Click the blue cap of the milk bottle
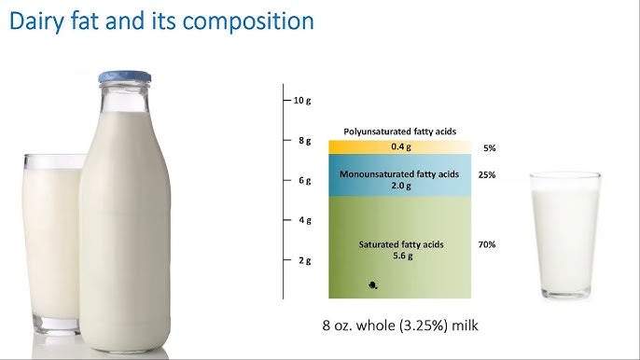point(124,76)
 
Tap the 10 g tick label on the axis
point(302,101)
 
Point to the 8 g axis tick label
point(304,141)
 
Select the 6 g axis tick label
point(304,180)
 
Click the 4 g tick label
point(304,220)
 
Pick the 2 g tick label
point(304,260)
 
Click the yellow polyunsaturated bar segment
point(400,147)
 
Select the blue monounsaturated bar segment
point(400,175)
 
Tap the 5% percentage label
point(490,148)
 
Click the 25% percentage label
point(487,175)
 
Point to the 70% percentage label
point(487,244)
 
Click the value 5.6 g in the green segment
point(403,256)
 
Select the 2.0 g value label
point(401,186)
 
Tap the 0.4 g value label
point(401,146)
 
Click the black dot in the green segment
point(372,285)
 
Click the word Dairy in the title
point(36,21)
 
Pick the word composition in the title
point(248,21)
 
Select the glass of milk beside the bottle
point(52,243)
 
